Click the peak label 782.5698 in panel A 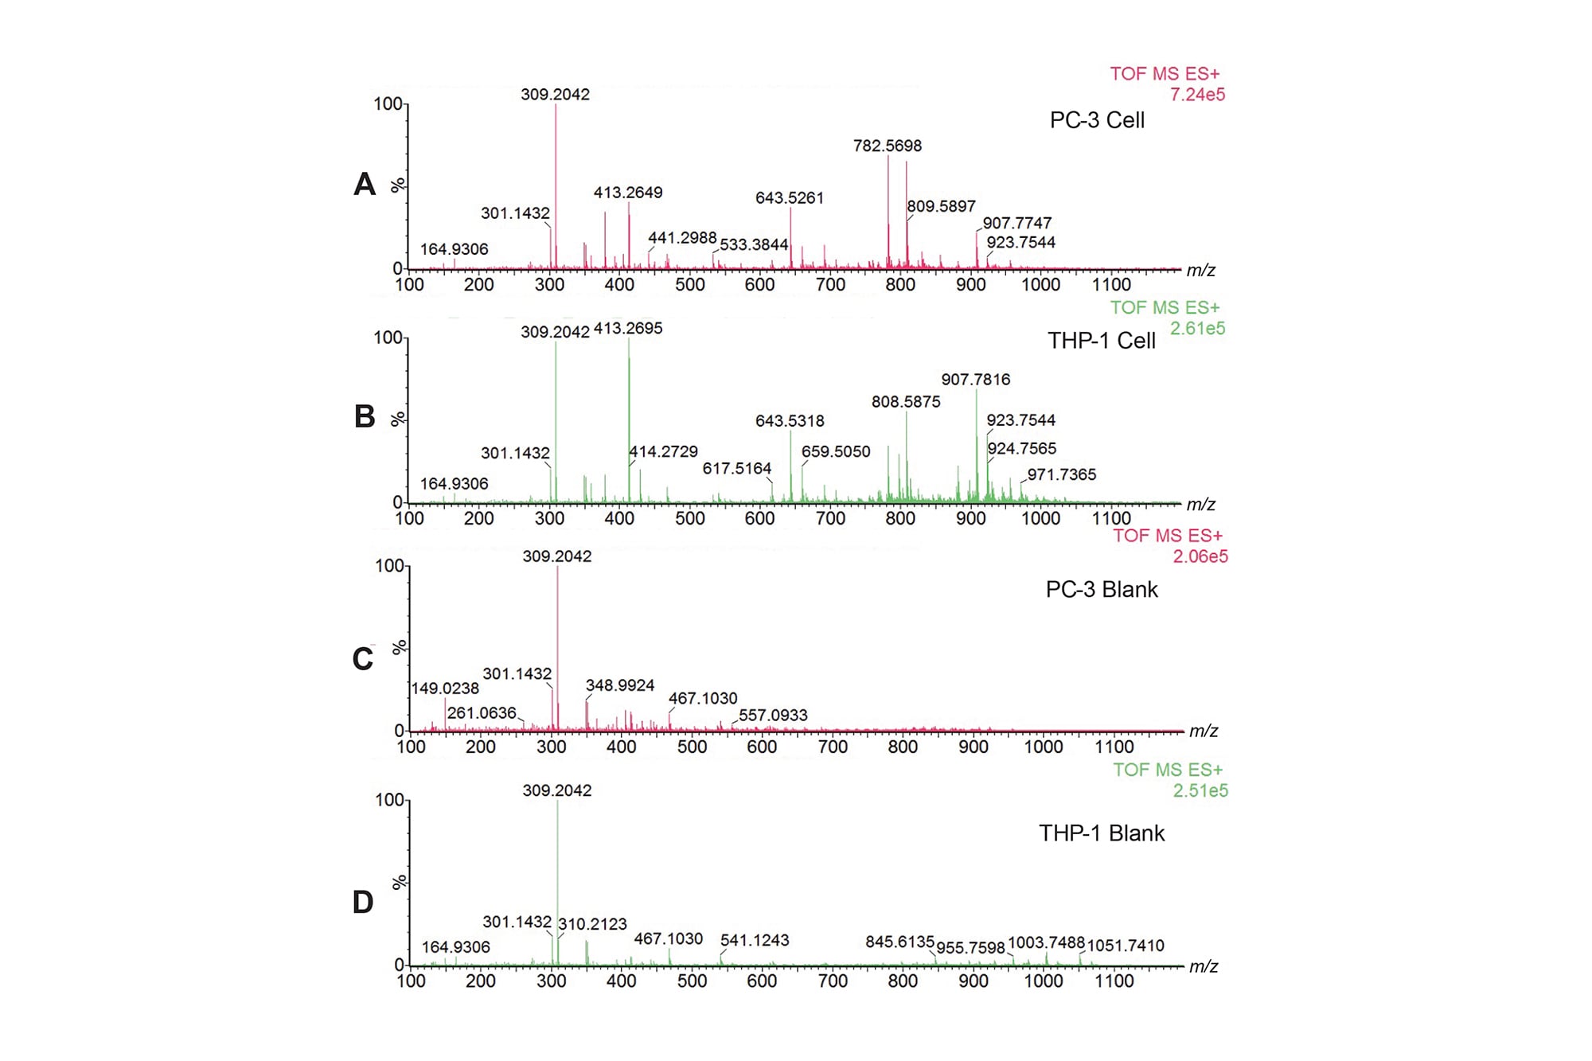click(887, 146)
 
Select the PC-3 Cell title click(1096, 120)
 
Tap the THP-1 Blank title click(1101, 833)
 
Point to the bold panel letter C click(363, 659)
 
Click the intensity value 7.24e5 click(1196, 95)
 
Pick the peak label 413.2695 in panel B click(627, 329)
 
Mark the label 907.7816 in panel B click(975, 380)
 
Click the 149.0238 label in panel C click(445, 688)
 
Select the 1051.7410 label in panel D click(1125, 946)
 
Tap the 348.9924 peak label click(619, 685)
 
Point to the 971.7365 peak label click(1061, 475)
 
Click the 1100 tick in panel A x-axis click(1110, 285)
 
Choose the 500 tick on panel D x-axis click(691, 981)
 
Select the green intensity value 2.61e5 click(1196, 329)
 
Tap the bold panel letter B click(364, 416)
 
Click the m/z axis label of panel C click(1203, 731)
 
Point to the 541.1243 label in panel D click(754, 940)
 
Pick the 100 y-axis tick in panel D click(389, 800)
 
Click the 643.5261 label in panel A click(789, 198)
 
